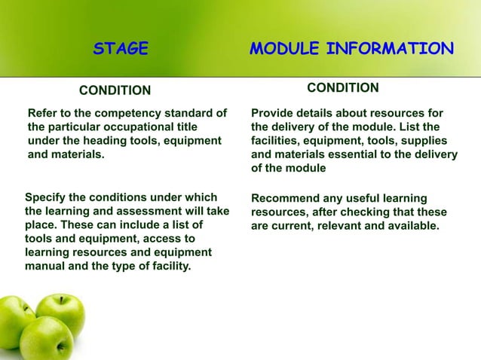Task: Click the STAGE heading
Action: [x=121, y=50]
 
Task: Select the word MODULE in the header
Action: [x=285, y=50]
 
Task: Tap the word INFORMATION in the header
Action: [x=391, y=50]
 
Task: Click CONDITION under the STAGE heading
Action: [x=115, y=91]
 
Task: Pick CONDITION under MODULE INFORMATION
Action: [x=343, y=89]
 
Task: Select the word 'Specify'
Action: [x=47, y=198]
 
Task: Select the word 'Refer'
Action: [x=43, y=114]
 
